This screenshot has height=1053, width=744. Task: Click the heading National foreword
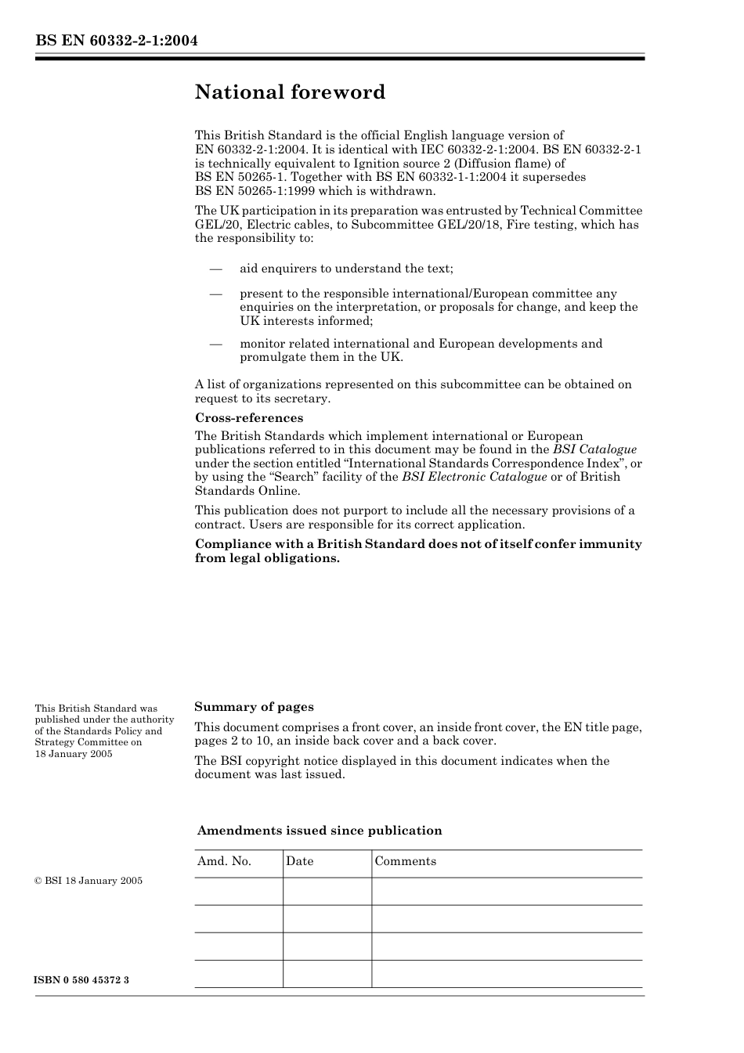pos(290,92)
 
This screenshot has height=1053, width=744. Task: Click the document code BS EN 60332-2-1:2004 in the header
pos(116,41)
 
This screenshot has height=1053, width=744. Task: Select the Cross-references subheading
pos(248,418)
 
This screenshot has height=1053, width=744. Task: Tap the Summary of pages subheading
pos(254,707)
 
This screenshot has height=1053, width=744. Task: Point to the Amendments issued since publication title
pos(320,831)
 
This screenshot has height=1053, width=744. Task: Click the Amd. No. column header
pos(224,861)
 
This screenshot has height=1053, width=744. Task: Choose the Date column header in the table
pos(299,861)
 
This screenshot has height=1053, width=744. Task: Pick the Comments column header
pos(405,861)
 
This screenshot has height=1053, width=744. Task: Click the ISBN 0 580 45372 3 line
pos(82,980)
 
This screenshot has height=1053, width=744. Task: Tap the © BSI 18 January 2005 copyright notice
pos(88,881)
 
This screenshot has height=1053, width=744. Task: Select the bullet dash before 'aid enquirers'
pos(216,269)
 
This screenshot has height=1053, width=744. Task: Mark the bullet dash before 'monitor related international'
pos(216,344)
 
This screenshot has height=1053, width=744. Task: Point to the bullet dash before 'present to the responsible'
pos(216,294)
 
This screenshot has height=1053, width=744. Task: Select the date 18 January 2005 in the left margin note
pos(74,754)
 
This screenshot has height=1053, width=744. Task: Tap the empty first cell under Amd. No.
pos(238,892)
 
